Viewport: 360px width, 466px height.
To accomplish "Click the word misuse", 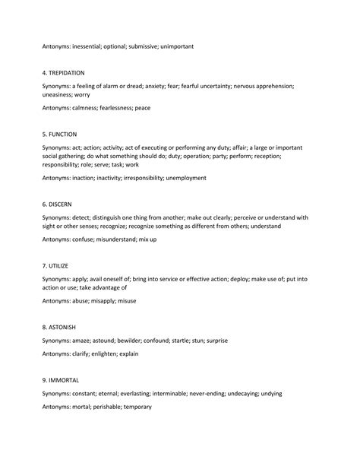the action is [x=126, y=302].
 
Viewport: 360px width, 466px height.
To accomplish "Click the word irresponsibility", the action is [x=149, y=179].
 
